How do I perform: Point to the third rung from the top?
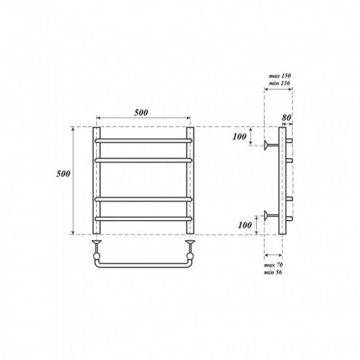coord(144,198)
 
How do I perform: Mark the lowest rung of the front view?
coord(144,218)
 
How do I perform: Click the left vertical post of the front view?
coord(97,181)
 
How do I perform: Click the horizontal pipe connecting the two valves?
coord(144,264)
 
